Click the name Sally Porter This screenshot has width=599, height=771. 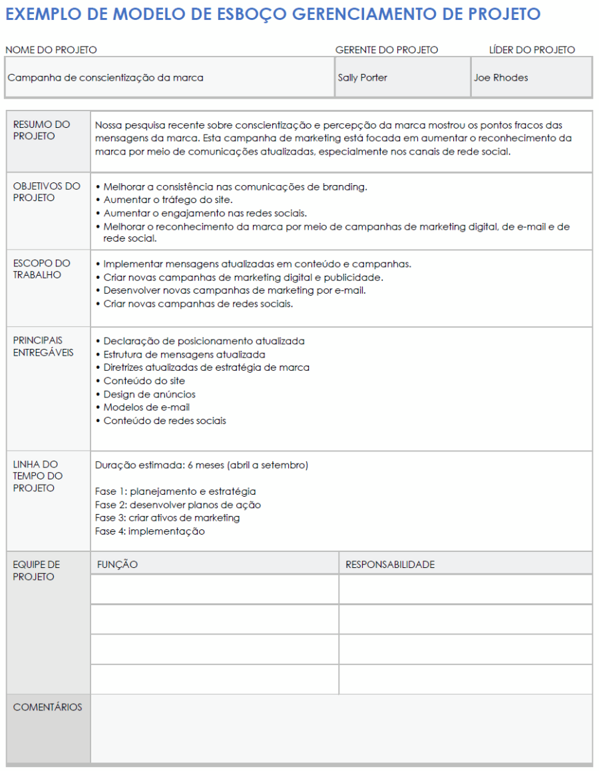click(362, 78)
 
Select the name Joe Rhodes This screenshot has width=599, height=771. click(500, 78)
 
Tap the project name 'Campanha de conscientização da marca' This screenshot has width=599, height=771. click(105, 78)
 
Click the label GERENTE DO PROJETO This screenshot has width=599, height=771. click(387, 50)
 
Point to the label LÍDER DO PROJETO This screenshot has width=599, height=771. click(532, 50)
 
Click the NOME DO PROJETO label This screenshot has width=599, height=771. click(51, 50)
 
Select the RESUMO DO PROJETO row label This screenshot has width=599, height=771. click(42, 130)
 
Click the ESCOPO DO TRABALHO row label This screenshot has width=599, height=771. click(42, 269)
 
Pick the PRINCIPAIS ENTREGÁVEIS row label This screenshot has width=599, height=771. click(43, 346)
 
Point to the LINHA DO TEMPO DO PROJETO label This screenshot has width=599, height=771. click(38, 476)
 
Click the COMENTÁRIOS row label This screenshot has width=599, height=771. click(47, 707)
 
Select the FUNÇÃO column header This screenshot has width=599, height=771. click(117, 565)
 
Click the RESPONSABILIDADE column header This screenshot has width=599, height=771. click(389, 565)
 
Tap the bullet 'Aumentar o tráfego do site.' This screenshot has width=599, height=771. click(168, 200)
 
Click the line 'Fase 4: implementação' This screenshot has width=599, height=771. click(150, 531)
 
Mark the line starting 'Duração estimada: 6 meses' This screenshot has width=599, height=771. click(201, 465)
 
